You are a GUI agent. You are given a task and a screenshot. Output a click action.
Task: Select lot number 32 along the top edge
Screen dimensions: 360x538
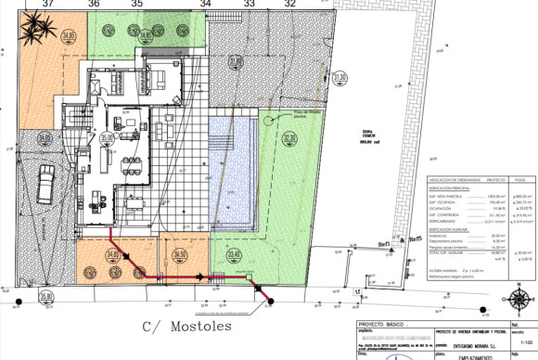290,5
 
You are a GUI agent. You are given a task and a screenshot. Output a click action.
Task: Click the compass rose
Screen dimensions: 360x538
520,300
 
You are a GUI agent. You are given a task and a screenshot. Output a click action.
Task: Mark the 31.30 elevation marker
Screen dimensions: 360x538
339,77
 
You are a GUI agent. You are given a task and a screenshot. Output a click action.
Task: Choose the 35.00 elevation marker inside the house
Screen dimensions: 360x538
108,138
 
